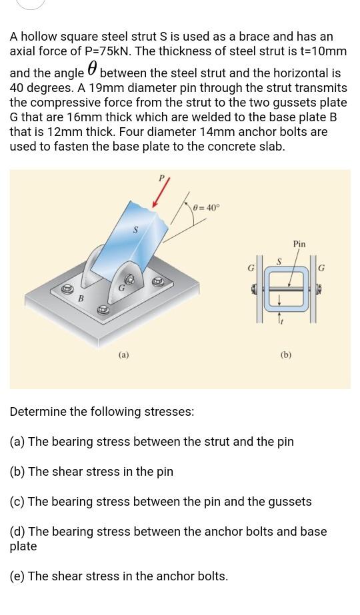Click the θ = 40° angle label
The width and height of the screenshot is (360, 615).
click(x=205, y=207)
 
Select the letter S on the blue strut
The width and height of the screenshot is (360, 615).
click(x=136, y=230)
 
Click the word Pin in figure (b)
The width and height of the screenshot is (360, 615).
click(x=299, y=244)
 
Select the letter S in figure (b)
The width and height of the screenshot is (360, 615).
click(x=279, y=261)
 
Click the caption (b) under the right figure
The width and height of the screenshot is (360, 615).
click(x=285, y=355)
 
